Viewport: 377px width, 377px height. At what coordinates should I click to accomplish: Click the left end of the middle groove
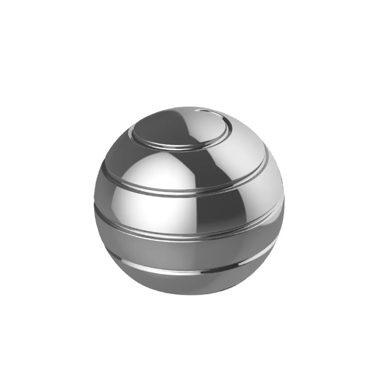click(x=96, y=210)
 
